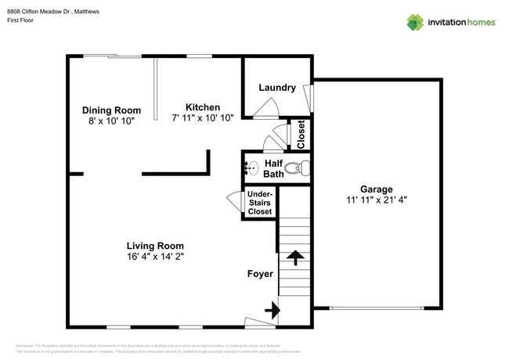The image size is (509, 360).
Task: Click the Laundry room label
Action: pyautogui.click(x=276, y=88)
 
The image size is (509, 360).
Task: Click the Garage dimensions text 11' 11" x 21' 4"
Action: pyautogui.click(x=376, y=200)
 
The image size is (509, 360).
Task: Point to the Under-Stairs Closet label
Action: pyautogui.click(x=260, y=203)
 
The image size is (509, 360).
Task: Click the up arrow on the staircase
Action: pyautogui.click(x=295, y=257)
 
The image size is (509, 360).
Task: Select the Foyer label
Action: pyautogui.click(x=260, y=274)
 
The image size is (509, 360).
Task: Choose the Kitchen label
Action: pyautogui.click(x=202, y=107)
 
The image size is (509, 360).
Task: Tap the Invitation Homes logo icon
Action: pyautogui.click(x=415, y=22)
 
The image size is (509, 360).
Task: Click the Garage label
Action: pyautogui.click(x=376, y=189)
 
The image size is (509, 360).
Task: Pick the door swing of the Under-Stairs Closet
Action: pyautogui.click(x=234, y=200)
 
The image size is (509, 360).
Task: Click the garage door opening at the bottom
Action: pyautogui.click(x=379, y=308)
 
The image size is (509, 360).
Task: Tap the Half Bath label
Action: pyautogui.click(x=273, y=168)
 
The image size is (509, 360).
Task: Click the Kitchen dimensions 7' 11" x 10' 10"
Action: pyautogui.click(x=202, y=119)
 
